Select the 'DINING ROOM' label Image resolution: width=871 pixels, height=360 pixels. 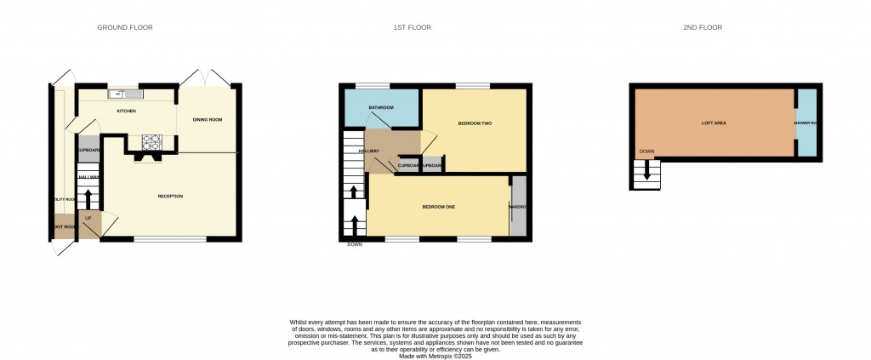[x=208, y=120]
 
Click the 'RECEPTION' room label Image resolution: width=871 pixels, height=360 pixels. [x=170, y=197]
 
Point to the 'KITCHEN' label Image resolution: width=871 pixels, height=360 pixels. [x=126, y=111]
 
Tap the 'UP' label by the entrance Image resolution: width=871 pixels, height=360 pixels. [x=87, y=218]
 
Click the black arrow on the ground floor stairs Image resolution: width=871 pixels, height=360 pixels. [x=88, y=198]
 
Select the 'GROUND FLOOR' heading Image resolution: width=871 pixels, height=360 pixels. [x=125, y=28]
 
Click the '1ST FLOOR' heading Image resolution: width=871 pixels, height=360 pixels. [x=412, y=28]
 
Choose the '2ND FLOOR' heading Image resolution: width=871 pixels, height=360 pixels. [x=703, y=28]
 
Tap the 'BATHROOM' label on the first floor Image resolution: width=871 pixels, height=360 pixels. [x=381, y=107]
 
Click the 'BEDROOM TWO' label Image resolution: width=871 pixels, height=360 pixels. [x=475, y=123]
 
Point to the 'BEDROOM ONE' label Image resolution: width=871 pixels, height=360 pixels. [x=439, y=208]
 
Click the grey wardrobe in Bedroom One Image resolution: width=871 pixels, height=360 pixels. [x=518, y=206]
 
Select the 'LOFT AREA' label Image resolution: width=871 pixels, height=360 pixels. [x=713, y=123]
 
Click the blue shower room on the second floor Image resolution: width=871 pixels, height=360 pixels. [x=806, y=123]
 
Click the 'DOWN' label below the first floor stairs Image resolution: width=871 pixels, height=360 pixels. [x=355, y=245]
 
